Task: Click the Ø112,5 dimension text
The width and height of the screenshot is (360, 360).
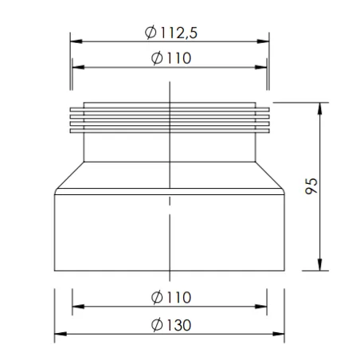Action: click(171, 33)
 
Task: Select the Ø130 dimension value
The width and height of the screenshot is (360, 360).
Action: click(171, 325)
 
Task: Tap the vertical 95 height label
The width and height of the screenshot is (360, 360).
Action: click(311, 186)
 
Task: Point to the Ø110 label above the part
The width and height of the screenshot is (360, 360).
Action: click(171, 58)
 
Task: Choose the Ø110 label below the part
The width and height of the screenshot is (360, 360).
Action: click(171, 297)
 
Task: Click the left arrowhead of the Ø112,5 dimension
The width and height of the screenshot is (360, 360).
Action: click(76, 41)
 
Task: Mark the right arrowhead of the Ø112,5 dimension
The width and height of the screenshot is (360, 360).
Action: click(263, 41)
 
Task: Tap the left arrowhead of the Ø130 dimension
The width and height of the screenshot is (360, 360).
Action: click(61, 334)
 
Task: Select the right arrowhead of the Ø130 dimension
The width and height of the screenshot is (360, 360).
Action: click(278, 334)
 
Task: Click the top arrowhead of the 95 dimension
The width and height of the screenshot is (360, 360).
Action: click(320, 108)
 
